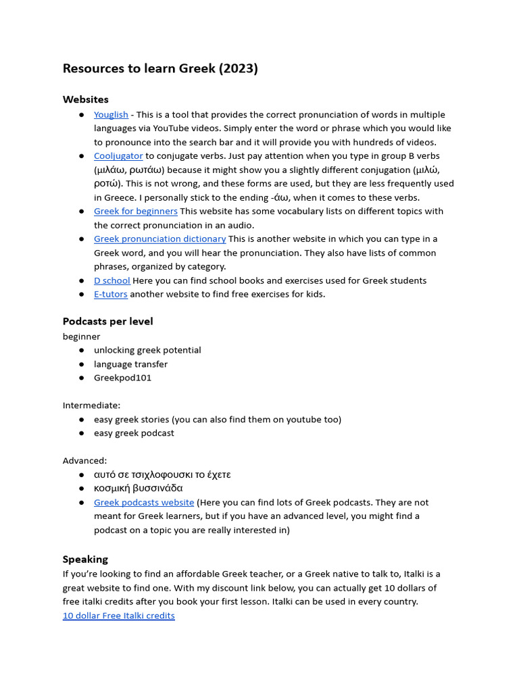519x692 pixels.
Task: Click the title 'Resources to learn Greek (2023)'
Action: tap(160, 68)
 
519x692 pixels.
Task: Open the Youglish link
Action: tap(111, 115)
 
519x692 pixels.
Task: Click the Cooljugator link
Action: tap(118, 156)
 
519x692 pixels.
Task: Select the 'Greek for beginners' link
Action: tap(136, 212)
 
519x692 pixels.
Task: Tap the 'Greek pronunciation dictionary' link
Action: tap(159, 239)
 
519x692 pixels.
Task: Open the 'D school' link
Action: tap(112, 280)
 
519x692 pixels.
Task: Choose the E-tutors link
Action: tap(111, 294)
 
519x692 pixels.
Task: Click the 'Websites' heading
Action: tap(86, 99)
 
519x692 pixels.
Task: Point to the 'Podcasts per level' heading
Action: tap(108, 321)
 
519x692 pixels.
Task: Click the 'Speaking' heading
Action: tap(85, 559)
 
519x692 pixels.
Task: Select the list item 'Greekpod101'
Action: tap(122, 378)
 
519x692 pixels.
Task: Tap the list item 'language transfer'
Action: tap(130, 364)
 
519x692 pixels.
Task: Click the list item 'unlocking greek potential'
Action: tap(147, 350)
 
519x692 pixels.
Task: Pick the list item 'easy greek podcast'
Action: tap(134, 433)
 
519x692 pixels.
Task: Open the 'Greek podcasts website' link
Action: tap(144, 503)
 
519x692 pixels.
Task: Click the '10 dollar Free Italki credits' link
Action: tap(119, 616)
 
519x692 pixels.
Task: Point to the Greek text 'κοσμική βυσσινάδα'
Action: tap(139, 488)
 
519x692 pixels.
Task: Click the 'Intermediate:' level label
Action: tap(92, 405)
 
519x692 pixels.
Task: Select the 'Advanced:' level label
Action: tap(85, 460)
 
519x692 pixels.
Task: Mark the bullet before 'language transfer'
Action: tap(82, 364)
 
